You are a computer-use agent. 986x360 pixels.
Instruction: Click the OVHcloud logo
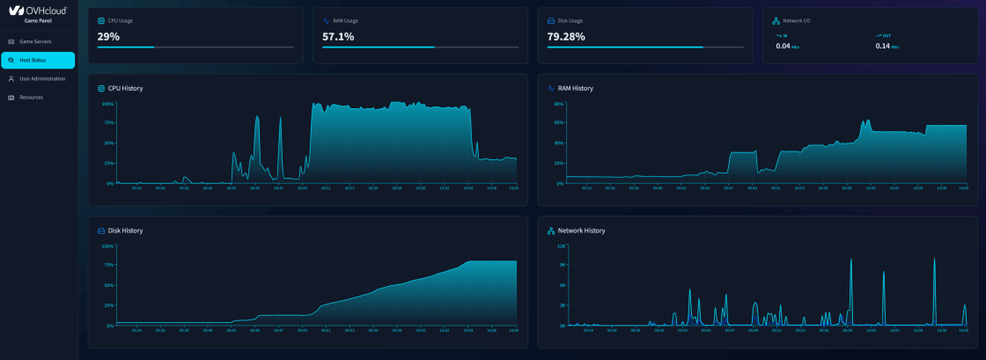tap(37, 11)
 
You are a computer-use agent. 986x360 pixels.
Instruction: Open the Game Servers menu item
tap(35, 41)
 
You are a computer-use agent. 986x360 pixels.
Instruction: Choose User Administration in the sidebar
tap(41, 78)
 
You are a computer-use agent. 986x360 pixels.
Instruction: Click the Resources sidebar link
tap(31, 97)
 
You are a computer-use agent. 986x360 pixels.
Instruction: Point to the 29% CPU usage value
tap(108, 37)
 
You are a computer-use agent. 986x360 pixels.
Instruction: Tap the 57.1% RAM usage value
tap(338, 37)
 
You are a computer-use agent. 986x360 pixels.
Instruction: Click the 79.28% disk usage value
tap(566, 37)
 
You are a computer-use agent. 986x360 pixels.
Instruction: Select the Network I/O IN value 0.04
tap(783, 46)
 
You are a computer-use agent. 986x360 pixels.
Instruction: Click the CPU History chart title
tap(125, 88)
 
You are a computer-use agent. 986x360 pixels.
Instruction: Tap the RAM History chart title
tap(575, 88)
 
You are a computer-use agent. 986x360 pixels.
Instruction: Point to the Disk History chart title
tap(125, 231)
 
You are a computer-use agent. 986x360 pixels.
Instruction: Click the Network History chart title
tap(581, 231)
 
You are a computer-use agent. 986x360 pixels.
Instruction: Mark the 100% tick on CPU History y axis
tap(108, 103)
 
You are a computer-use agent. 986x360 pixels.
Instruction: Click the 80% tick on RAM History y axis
tap(558, 103)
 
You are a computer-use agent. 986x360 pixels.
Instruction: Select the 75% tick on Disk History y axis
tap(108, 266)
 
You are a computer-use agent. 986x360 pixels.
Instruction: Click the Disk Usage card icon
tap(551, 19)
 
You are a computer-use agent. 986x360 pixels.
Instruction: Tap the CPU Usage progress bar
tap(195, 48)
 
